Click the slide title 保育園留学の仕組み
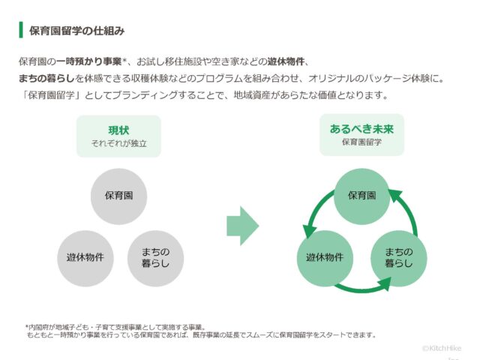(76, 31)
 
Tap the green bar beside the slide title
(20, 31)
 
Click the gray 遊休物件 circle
(85, 257)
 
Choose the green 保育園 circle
(361, 195)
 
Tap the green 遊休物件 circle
(325, 257)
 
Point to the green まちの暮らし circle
(397, 257)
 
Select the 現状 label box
(118, 136)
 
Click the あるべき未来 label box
(361, 135)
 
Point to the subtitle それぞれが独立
(118, 142)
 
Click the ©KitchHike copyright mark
(441, 348)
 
